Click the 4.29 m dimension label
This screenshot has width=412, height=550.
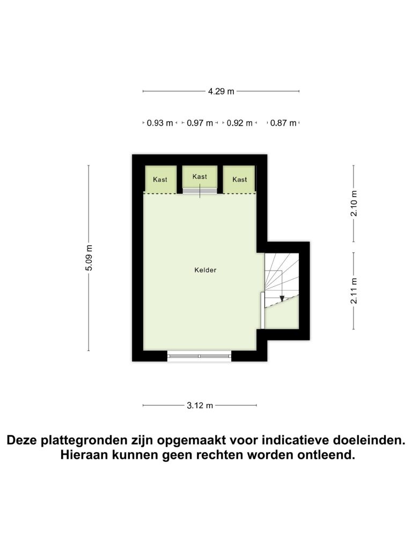point(221,91)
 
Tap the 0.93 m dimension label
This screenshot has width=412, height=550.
point(160,123)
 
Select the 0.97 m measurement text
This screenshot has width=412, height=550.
point(200,123)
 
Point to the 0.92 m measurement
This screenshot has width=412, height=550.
point(240,123)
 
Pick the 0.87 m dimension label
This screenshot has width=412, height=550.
point(283,123)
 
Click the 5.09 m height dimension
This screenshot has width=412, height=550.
point(89,258)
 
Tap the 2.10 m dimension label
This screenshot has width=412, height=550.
point(354,204)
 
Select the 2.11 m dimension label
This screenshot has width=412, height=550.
point(354,291)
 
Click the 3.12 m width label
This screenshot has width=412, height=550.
point(200,406)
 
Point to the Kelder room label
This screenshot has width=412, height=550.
point(205,270)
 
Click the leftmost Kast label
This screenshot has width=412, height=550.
point(160,179)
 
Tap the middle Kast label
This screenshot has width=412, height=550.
point(200,177)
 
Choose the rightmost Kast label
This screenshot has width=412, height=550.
point(240,179)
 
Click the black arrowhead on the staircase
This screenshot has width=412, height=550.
point(282,299)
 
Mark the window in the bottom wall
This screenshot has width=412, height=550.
point(200,356)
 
